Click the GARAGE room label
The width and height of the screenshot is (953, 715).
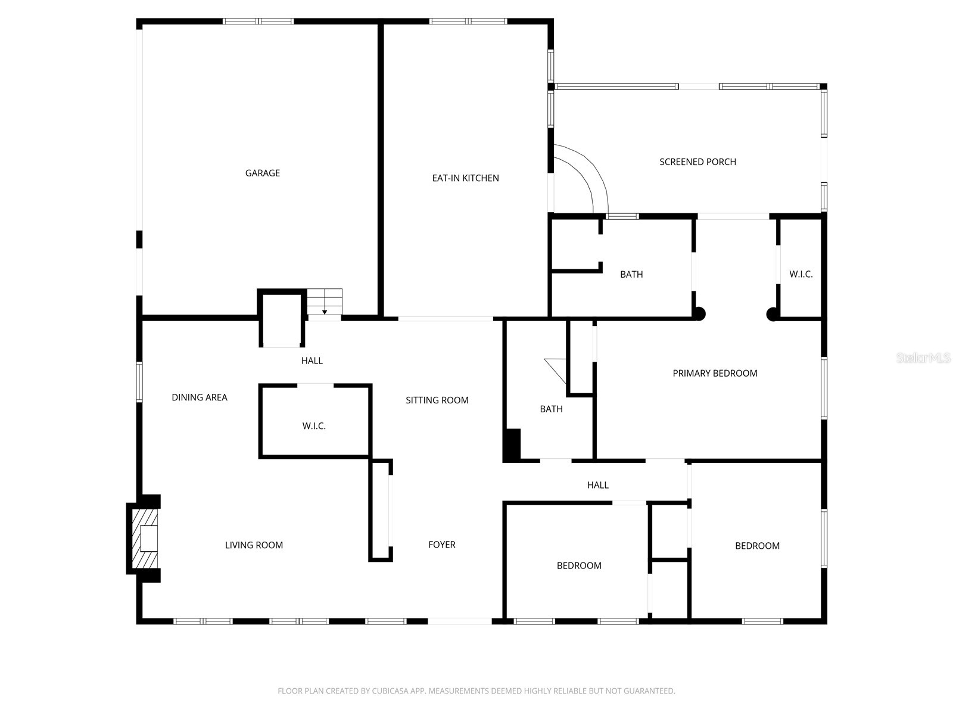tap(262, 173)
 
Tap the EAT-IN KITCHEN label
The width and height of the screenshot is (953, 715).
tap(465, 178)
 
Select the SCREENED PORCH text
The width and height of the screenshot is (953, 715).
tap(697, 162)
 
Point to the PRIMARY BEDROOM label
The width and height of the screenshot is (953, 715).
tap(715, 374)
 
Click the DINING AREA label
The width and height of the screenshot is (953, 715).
tap(200, 397)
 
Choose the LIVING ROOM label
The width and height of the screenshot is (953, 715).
tap(254, 545)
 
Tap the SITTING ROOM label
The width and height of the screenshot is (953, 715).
tap(437, 400)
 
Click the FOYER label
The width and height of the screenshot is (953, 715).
tap(442, 545)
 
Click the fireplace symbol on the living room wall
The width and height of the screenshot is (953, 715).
tap(145, 539)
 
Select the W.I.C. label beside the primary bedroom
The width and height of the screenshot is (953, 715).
tap(801, 274)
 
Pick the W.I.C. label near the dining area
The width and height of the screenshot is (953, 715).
tap(314, 426)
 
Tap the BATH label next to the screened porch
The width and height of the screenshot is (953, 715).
tap(631, 275)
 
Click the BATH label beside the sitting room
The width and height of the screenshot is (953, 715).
tap(551, 409)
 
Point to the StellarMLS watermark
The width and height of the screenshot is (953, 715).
tap(923, 359)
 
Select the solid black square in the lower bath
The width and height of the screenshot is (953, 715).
tap(512, 444)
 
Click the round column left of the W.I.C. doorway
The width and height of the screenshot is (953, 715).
tap(772, 314)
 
